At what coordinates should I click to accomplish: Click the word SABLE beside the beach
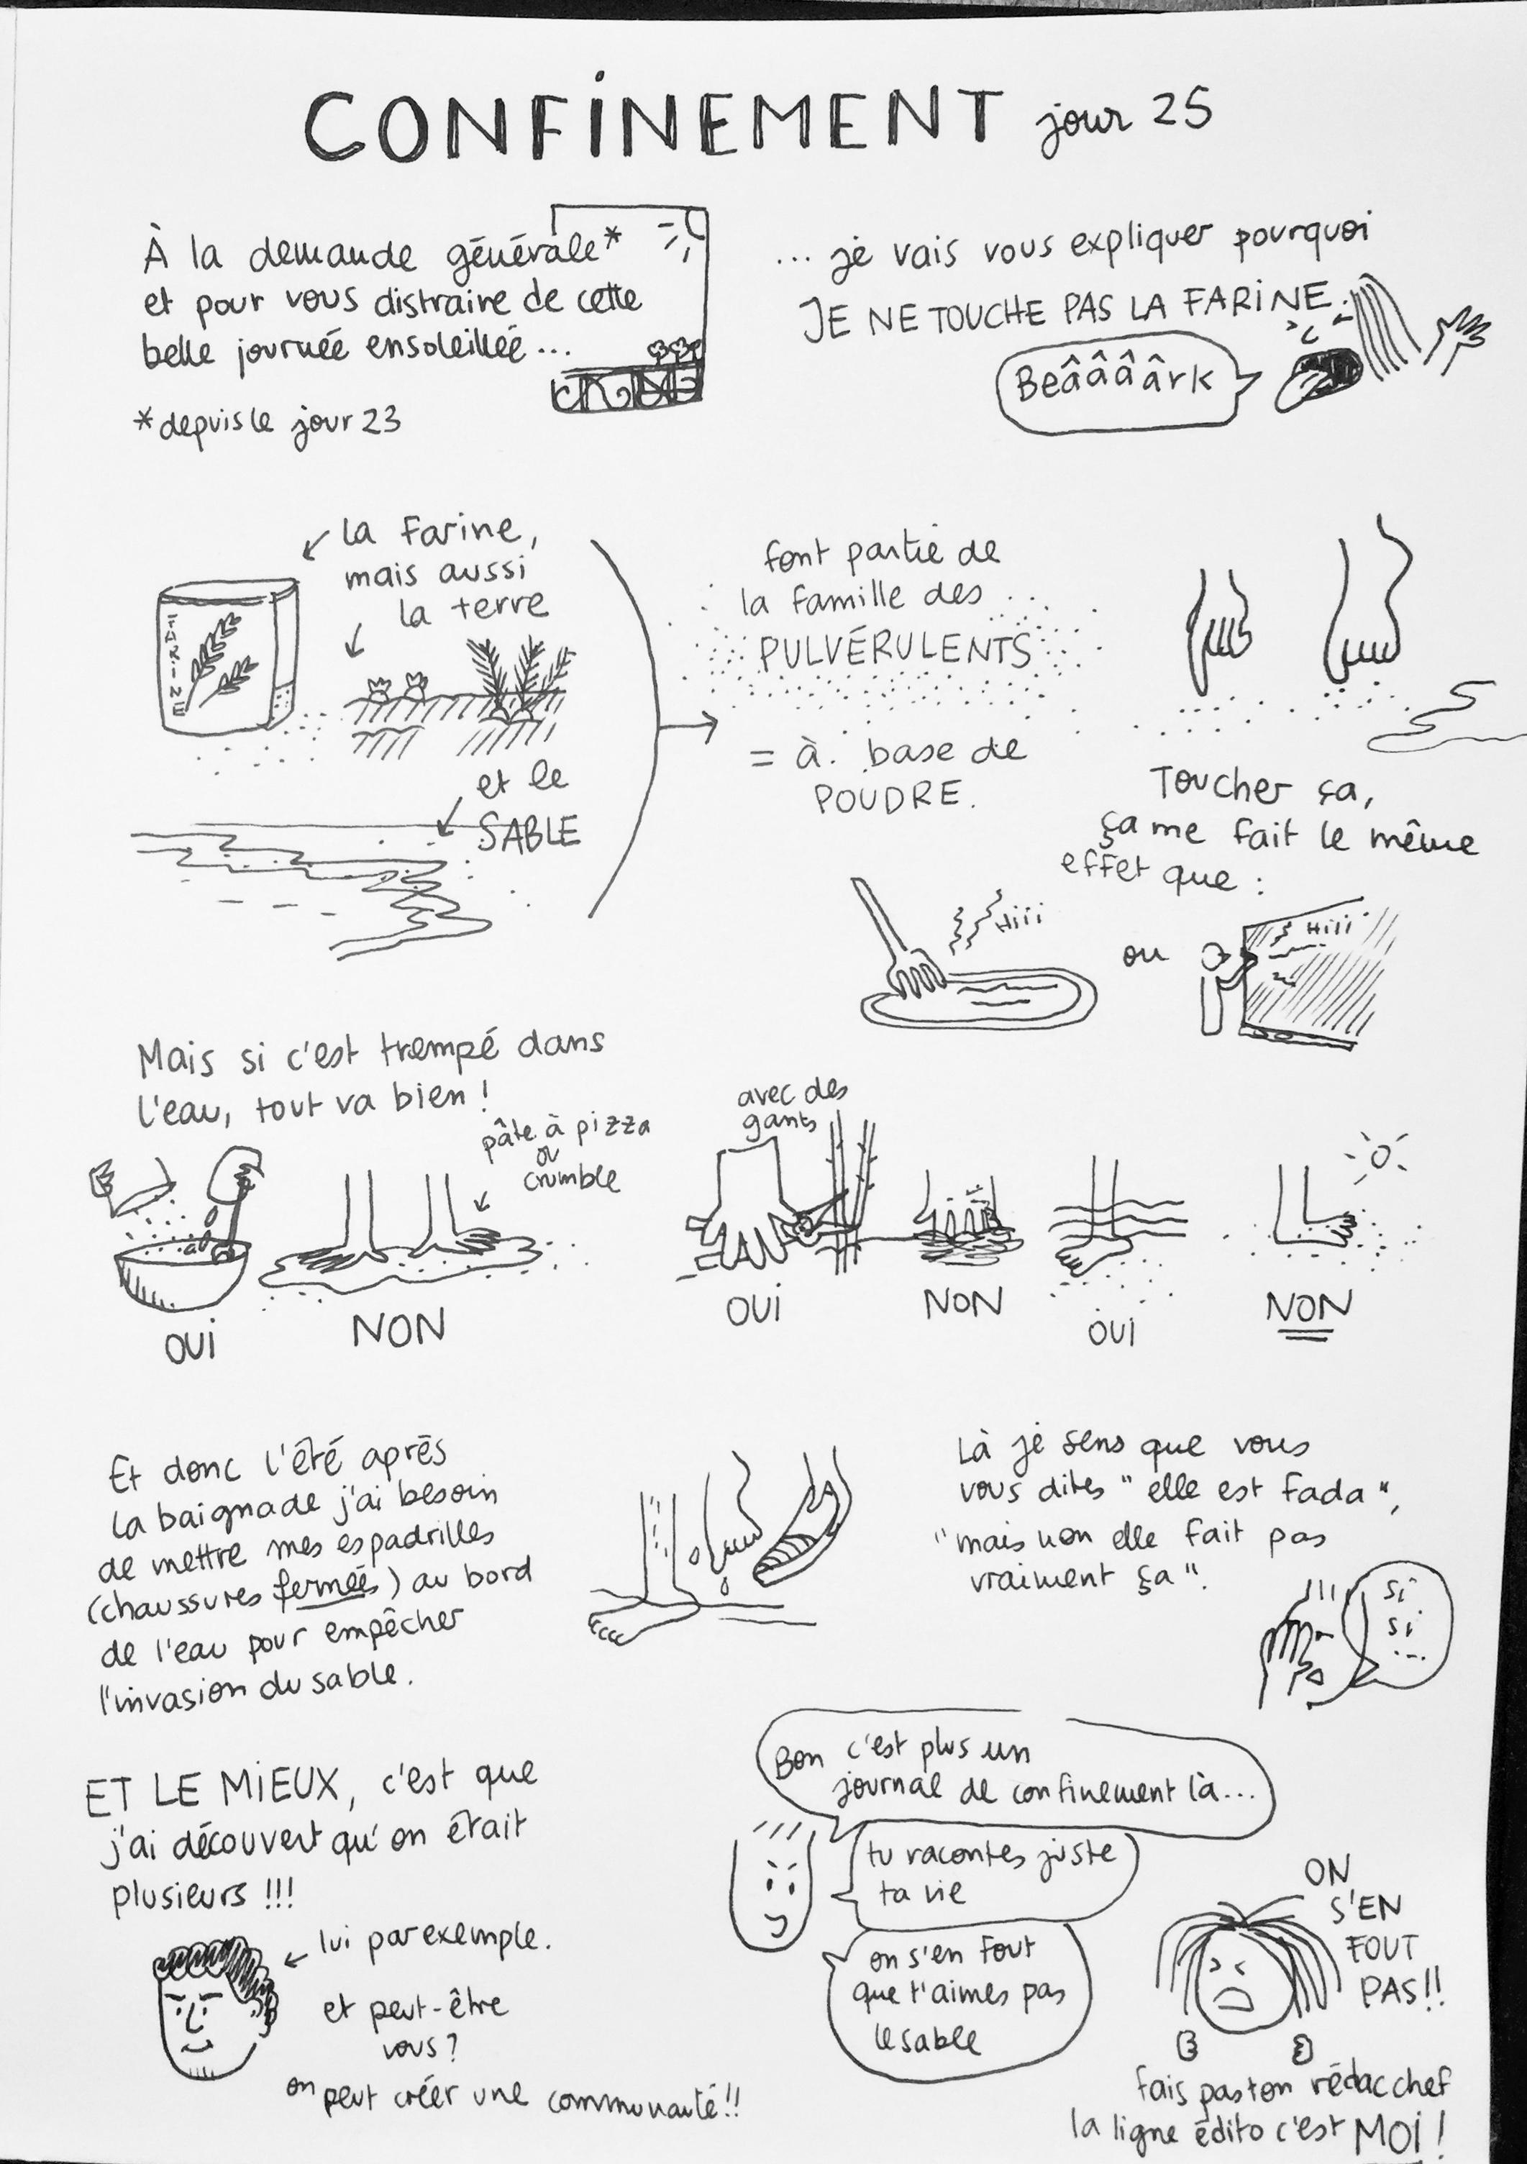pos(528,832)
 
